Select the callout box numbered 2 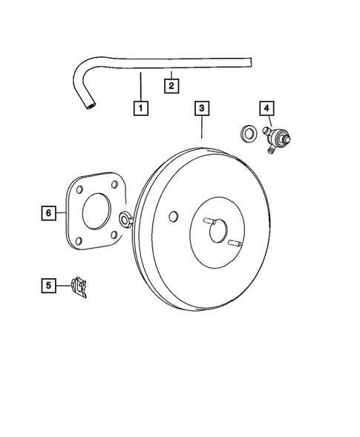click(171, 87)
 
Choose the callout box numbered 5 click(48, 284)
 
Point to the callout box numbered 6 click(48, 213)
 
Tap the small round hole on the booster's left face click(173, 217)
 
